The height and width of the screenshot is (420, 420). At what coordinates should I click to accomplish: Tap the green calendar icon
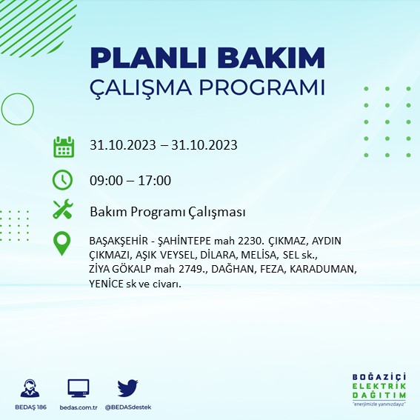point(63,146)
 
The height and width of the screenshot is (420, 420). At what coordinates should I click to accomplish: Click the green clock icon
point(63,180)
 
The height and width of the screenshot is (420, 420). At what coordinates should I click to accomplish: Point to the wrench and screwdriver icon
point(63,210)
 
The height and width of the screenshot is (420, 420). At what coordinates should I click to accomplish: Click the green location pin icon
point(63,244)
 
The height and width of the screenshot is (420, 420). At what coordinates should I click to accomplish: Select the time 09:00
point(106,180)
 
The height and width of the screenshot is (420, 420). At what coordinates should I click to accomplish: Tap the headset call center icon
point(30,388)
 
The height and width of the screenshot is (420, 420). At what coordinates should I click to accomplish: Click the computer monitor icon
point(79,388)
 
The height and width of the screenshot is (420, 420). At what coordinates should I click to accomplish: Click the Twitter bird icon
point(128,388)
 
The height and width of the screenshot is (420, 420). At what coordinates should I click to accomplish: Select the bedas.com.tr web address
point(79,408)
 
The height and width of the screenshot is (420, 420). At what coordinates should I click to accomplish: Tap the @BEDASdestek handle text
point(128,408)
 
